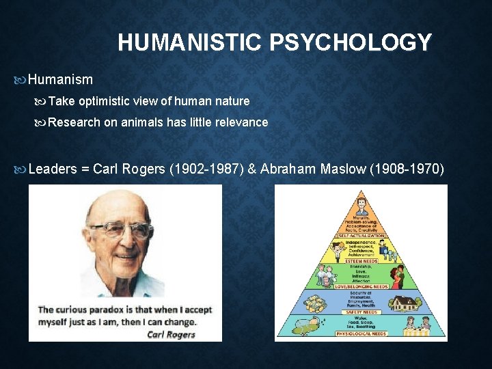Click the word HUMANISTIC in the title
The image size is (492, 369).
(190, 43)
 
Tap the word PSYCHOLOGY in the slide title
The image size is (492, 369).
(351, 43)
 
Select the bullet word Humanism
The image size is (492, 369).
(60, 79)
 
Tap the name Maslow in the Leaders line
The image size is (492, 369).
(342, 169)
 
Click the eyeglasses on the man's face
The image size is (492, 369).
(120, 230)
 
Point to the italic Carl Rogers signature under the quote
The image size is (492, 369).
(171, 334)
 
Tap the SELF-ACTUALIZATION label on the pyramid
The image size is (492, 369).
(361, 236)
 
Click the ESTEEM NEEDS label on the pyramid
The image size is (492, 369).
(361, 260)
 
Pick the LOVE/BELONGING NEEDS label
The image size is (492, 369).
(361, 286)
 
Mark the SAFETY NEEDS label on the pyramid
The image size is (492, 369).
(361, 312)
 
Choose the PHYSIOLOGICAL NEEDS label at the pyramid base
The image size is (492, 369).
(361, 334)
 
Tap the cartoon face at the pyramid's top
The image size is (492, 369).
(361, 204)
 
